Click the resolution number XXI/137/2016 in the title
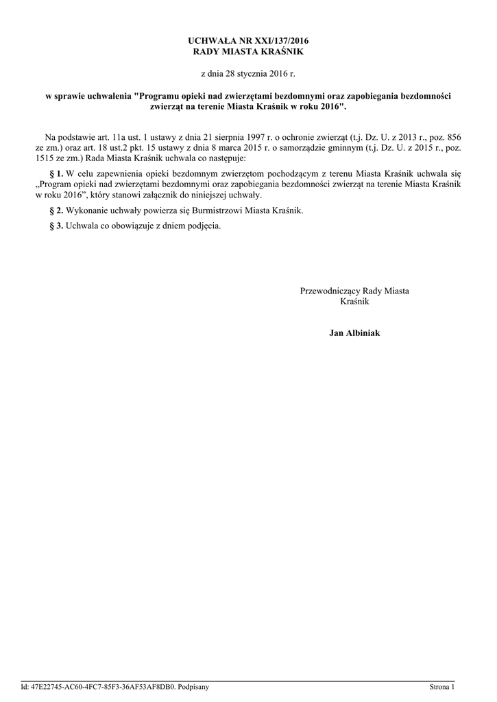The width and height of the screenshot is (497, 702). (269, 41)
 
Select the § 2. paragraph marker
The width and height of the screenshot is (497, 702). (57, 210)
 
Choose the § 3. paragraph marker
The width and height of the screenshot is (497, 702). (57, 226)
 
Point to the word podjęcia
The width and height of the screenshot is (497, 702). (202, 226)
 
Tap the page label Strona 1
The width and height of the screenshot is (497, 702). (441, 686)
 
